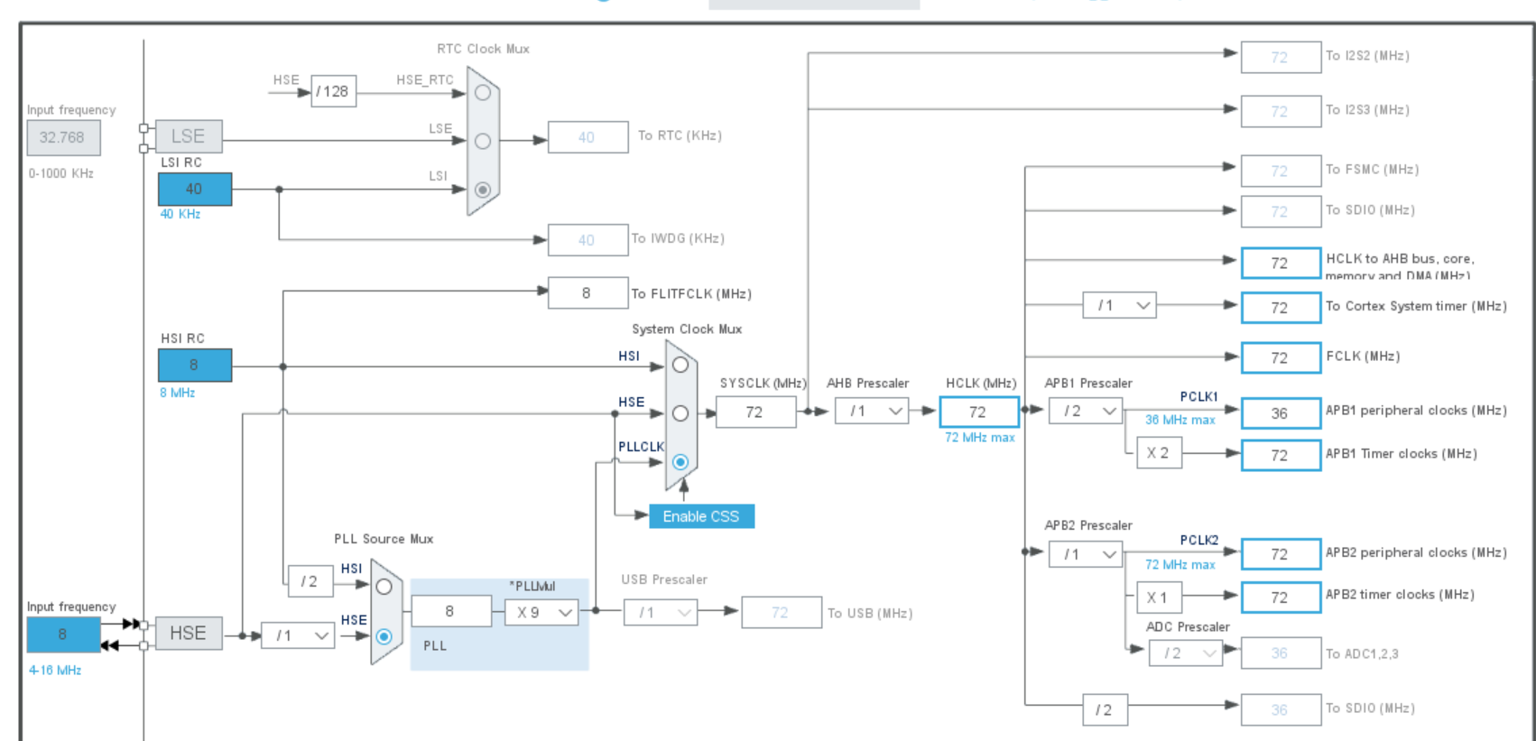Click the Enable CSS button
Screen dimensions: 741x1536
(701, 516)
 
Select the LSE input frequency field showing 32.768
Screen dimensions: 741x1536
(62, 138)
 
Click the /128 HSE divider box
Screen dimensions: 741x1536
(333, 91)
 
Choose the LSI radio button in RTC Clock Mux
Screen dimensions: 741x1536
(483, 190)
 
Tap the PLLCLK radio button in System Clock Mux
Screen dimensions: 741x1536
(680, 462)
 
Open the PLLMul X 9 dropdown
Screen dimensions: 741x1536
(541, 612)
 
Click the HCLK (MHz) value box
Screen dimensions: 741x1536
(978, 412)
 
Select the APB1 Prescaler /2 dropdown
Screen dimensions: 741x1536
(1085, 412)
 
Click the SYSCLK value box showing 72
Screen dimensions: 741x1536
(755, 412)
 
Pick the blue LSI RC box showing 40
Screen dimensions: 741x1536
(194, 190)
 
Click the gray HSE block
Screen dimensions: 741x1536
(188, 634)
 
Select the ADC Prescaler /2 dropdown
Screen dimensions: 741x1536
(1185, 653)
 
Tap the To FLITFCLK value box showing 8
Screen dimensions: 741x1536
(588, 293)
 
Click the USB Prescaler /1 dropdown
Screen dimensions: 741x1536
(660, 613)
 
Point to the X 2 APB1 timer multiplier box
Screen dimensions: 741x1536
(1158, 453)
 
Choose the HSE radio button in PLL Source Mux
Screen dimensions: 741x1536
(384, 636)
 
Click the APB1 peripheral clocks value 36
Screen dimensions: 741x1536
(1280, 413)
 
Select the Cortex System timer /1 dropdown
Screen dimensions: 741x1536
(1119, 306)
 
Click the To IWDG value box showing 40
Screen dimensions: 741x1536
(588, 240)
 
